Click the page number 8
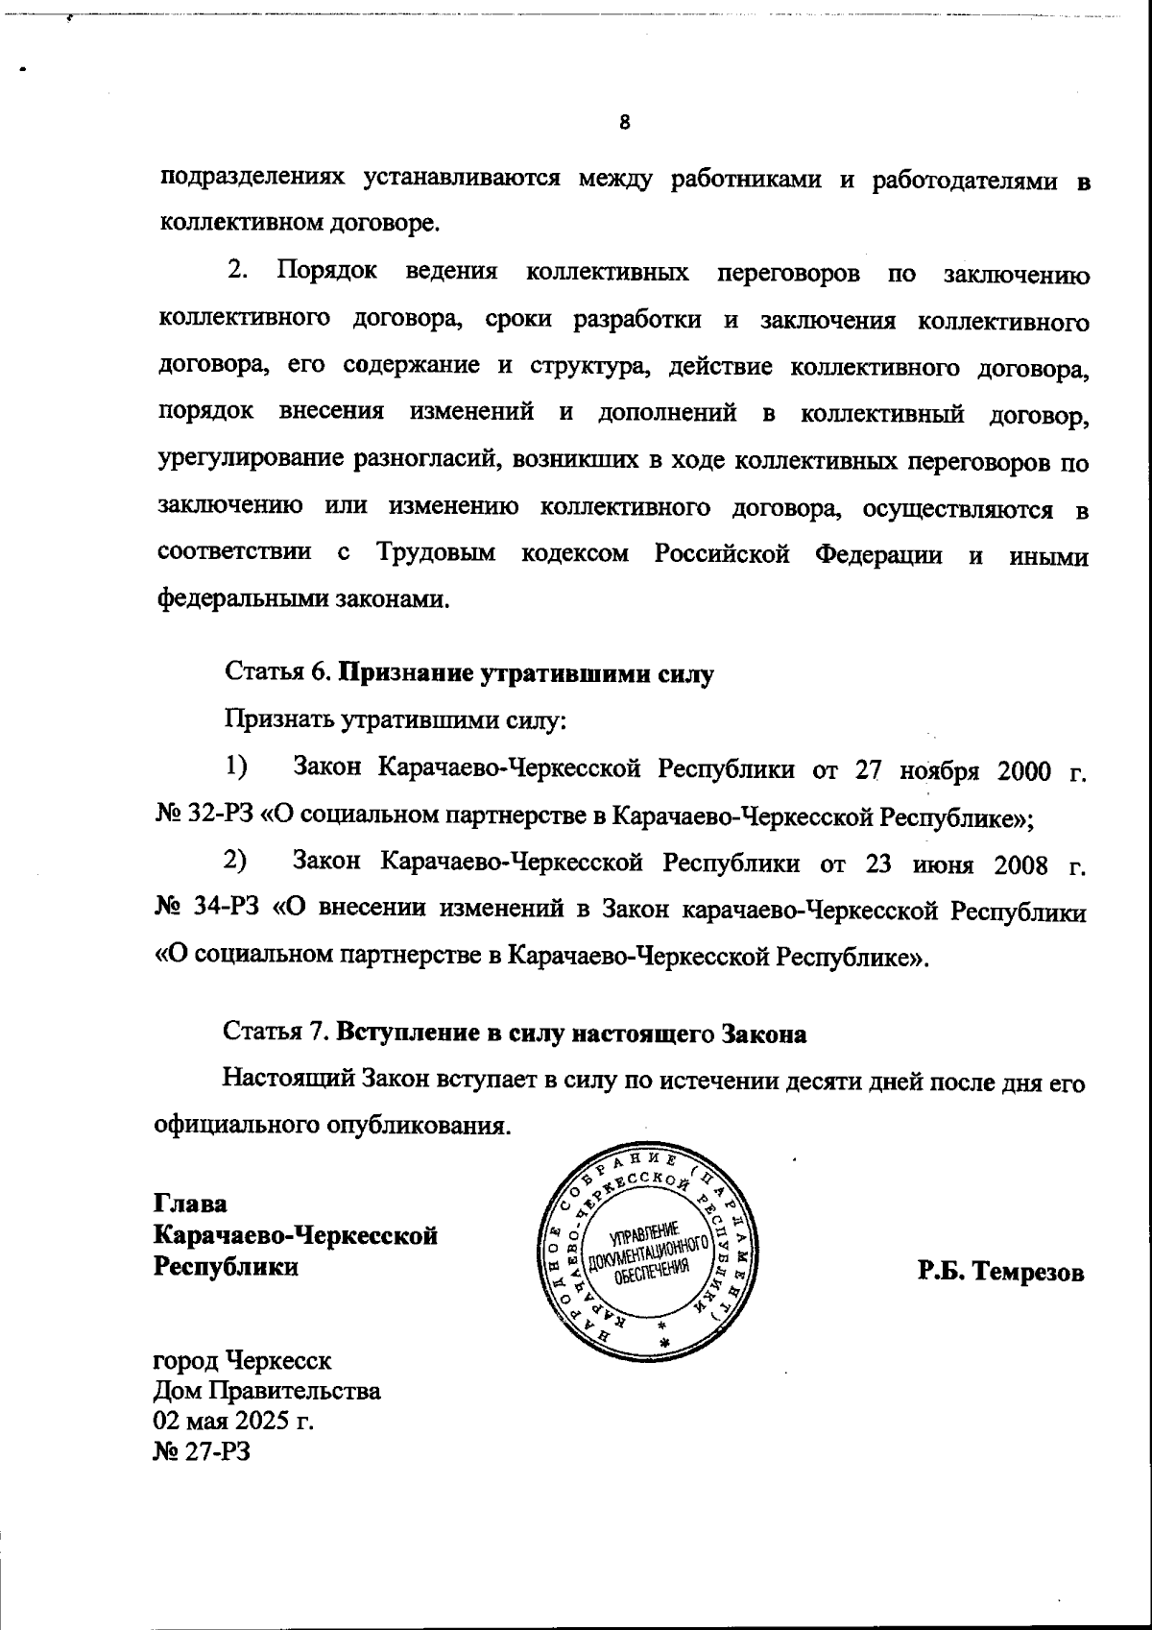(624, 123)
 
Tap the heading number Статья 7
(276, 1034)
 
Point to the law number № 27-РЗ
(202, 1450)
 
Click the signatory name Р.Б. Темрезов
(1000, 1272)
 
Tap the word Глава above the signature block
(190, 1204)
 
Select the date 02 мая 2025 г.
(233, 1420)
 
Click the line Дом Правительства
(267, 1390)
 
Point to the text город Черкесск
(243, 1360)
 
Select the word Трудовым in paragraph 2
(436, 554)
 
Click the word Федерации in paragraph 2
(877, 554)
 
